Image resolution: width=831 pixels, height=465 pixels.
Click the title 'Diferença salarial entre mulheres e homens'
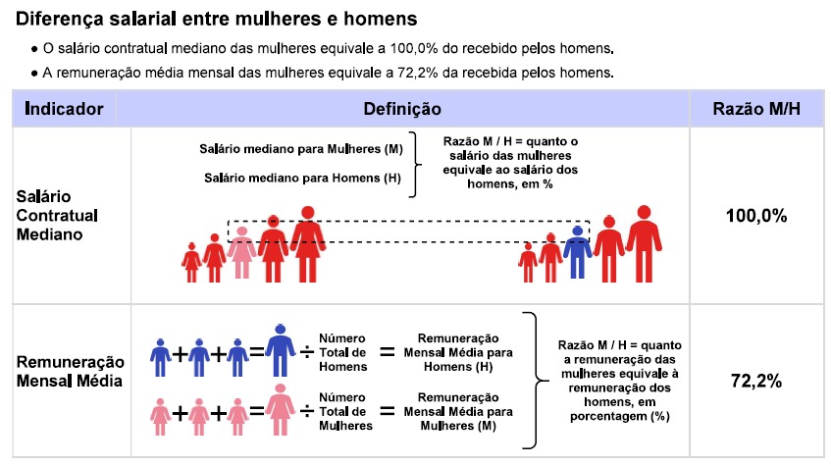pyautogui.click(x=216, y=19)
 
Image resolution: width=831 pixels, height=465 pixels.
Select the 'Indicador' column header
pyautogui.click(x=64, y=109)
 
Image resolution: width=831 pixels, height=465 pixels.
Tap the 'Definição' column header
pyautogui.click(x=402, y=109)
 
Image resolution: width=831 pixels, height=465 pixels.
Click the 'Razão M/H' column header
pyautogui.click(x=756, y=109)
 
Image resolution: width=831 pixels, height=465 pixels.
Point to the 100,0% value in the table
pyautogui.click(x=756, y=216)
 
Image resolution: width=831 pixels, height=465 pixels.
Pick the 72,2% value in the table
pyautogui.click(x=756, y=381)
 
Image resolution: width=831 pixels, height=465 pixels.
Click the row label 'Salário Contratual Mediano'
pyautogui.click(x=57, y=215)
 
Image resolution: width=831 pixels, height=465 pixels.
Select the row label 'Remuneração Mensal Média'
pyautogui.click(x=70, y=371)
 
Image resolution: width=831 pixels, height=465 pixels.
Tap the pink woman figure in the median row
pyautogui.click(x=241, y=252)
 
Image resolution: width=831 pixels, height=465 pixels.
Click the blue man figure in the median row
pyautogui.click(x=577, y=252)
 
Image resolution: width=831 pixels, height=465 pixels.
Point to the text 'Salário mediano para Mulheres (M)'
pyautogui.click(x=301, y=149)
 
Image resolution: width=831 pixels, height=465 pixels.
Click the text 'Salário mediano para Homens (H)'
pyautogui.click(x=302, y=178)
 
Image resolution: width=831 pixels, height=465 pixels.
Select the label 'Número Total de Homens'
pyautogui.click(x=342, y=352)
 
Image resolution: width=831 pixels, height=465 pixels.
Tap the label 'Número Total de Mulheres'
pyautogui.click(x=345, y=411)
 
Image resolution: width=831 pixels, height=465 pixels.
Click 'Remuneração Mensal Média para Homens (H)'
pyautogui.click(x=458, y=352)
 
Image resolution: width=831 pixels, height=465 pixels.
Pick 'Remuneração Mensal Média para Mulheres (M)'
pyautogui.click(x=458, y=411)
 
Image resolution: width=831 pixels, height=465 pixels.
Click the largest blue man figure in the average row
pyautogui.click(x=281, y=350)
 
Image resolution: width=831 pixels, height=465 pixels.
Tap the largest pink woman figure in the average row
pyautogui.click(x=281, y=410)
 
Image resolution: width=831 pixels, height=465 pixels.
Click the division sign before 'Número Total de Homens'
pyautogui.click(x=307, y=352)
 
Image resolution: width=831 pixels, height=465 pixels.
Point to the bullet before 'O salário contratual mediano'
pyautogui.click(x=34, y=49)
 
